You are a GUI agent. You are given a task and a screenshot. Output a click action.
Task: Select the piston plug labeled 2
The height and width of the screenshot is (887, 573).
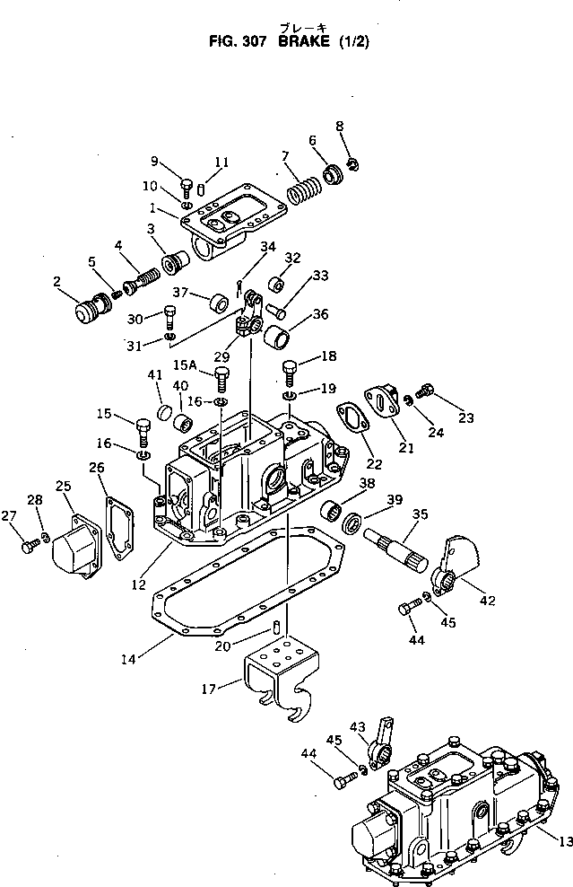coord(90,316)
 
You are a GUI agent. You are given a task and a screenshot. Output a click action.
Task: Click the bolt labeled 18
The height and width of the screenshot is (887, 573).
coord(289,370)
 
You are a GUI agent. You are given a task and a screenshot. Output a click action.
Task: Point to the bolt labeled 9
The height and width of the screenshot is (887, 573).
coord(187,187)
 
